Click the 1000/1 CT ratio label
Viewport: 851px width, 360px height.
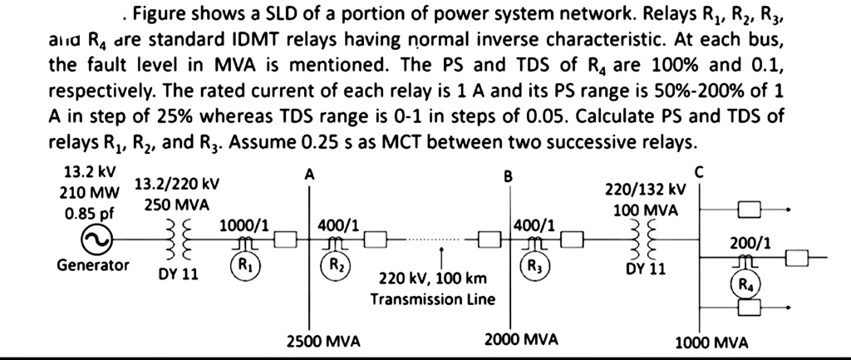pyautogui.click(x=243, y=225)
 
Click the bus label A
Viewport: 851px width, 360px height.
pyautogui.click(x=310, y=175)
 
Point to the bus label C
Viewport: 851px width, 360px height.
pyautogui.click(x=698, y=172)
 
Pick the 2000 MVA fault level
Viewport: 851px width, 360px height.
pyautogui.click(x=521, y=340)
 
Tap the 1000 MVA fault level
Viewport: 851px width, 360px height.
pyautogui.click(x=711, y=342)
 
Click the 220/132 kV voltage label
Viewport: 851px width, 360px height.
pyautogui.click(x=644, y=192)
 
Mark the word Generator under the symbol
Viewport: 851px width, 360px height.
pyautogui.click(x=93, y=266)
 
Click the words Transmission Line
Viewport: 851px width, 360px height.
pyautogui.click(x=433, y=298)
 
